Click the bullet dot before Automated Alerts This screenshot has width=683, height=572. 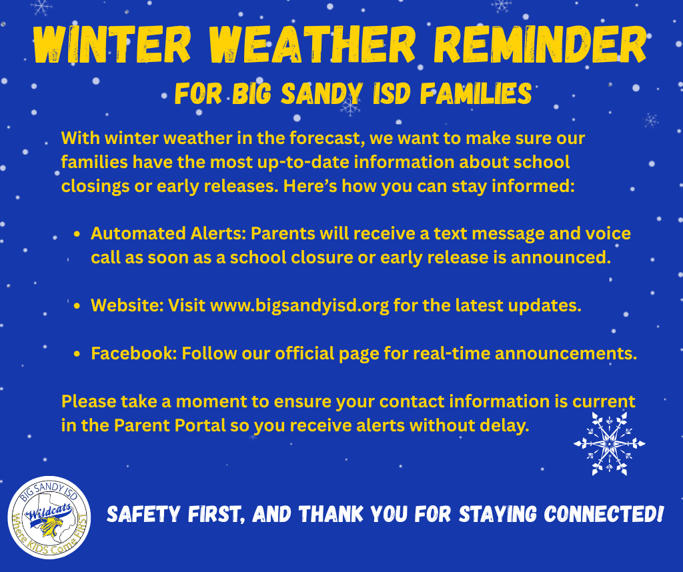(x=77, y=235)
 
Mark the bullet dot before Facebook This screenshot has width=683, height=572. (x=77, y=354)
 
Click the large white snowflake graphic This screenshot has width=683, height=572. (x=609, y=443)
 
